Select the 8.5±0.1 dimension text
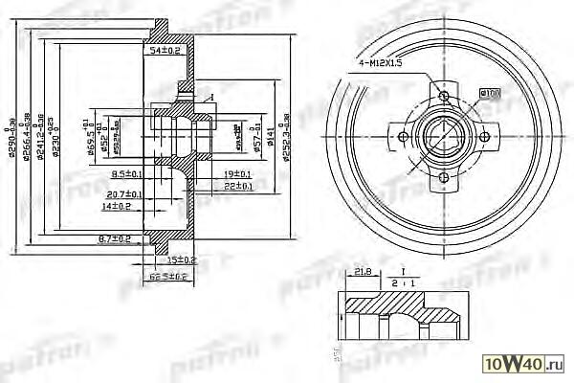tap(127, 174)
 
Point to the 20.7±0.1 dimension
tap(125, 194)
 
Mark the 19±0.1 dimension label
tap(235, 174)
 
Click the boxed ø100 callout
tap(490, 92)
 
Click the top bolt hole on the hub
tap(444, 95)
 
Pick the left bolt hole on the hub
tap(403, 138)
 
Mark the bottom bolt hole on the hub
tap(444, 179)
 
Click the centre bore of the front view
tap(444, 137)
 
